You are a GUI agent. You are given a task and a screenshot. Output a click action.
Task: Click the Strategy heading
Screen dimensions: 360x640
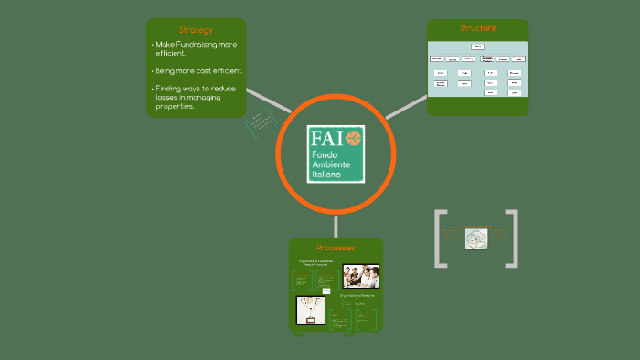(196, 30)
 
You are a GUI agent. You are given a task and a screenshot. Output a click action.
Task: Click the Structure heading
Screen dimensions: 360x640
(477, 28)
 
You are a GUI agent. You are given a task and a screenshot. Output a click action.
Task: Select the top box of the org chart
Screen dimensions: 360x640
(477, 46)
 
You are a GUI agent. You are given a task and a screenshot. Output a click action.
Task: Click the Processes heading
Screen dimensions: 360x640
(336, 248)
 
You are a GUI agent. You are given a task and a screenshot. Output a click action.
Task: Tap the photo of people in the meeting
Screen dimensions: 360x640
(360, 276)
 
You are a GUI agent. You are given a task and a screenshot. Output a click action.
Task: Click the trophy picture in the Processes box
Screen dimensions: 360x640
(311, 311)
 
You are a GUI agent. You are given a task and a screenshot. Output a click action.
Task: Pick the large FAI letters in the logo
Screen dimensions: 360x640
(326, 138)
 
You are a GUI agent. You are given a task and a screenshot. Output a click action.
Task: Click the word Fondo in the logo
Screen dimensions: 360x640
(325, 155)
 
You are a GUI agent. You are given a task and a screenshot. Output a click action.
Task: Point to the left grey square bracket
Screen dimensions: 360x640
(439, 238)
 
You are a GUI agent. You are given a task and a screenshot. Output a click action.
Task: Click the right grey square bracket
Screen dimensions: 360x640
(512, 238)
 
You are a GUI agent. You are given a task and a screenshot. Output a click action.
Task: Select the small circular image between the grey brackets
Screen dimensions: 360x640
(475, 238)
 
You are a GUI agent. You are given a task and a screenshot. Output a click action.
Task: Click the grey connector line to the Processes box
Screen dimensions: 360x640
(336, 225)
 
